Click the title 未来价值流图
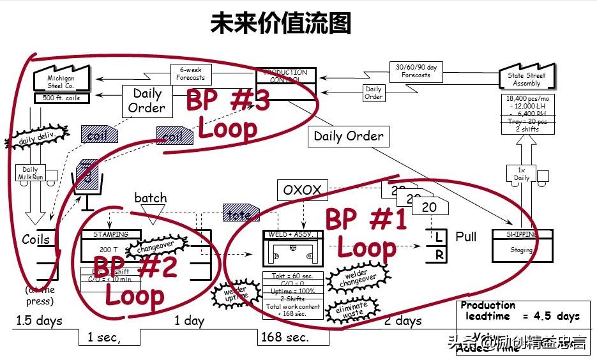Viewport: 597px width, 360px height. (x=280, y=24)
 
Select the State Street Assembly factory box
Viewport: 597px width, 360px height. (x=527, y=79)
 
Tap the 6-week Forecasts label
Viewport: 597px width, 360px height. (x=191, y=74)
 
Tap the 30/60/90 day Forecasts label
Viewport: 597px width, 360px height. (x=416, y=71)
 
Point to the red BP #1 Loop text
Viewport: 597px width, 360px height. (x=366, y=234)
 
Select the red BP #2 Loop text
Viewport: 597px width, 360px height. (x=135, y=280)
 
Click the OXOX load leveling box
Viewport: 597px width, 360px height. (x=303, y=190)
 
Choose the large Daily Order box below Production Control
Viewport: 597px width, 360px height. (x=349, y=136)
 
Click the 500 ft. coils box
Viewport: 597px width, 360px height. (x=61, y=98)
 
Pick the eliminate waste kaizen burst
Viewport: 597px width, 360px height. (x=351, y=310)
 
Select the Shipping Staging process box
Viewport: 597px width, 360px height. (x=522, y=245)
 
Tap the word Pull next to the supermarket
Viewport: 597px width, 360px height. (x=465, y=237)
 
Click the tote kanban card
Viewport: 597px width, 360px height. (x=241, y=214)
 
